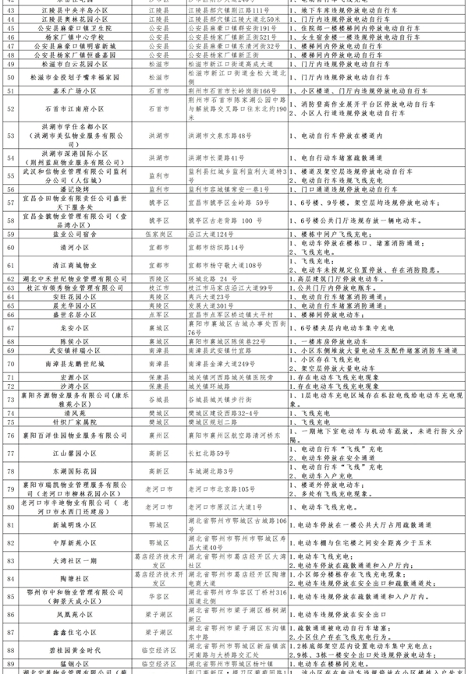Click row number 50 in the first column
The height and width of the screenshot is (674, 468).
click(11, 77)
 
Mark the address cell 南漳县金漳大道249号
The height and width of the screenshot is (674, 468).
click(222, 363)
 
